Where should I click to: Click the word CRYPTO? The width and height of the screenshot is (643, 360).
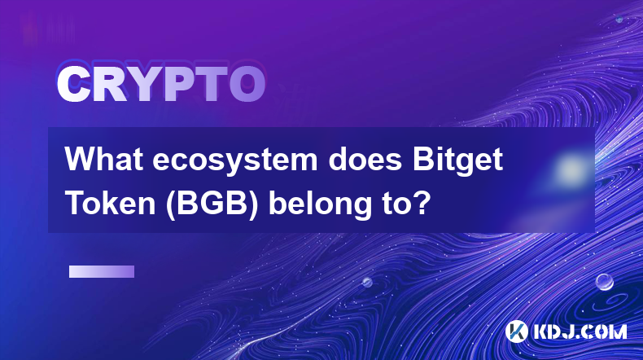coord(161,84)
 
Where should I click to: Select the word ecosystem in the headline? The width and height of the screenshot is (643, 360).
coord(235,160)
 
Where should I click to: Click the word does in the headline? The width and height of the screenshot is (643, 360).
coord(365,160)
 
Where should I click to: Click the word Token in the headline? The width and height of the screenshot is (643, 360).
coord(111,203)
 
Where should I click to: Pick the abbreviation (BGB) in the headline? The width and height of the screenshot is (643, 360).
coord(212,204)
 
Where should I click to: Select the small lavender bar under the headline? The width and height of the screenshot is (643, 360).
coord(102,272)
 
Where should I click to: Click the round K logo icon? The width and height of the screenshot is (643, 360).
coord(516,331)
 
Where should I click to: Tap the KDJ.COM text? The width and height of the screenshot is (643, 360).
coord(580,331)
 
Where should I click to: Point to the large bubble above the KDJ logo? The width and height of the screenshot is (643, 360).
coord(605,283)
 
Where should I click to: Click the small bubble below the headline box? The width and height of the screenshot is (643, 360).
coord(367,283)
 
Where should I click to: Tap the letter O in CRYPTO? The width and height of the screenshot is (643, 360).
coord(247,84)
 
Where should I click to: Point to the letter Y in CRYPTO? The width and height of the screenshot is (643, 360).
coord(143,84)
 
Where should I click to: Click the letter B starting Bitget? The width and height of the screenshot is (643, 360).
coord(422,160)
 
